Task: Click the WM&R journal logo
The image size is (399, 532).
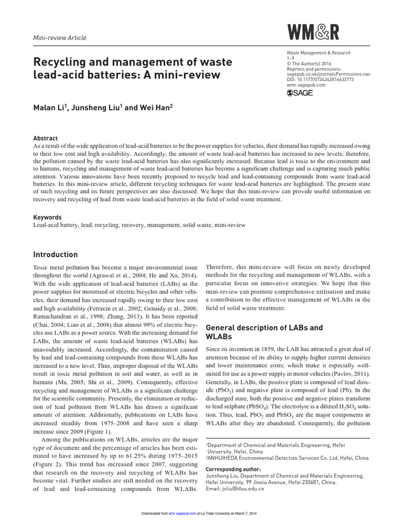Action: (313, 32)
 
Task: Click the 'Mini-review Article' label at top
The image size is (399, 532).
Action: (60, 38)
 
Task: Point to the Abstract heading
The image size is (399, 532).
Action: (45, 139)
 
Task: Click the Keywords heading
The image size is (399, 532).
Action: (47, 217)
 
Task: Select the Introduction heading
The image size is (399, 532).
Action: (56, 255)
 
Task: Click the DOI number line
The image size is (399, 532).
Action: (320, 79)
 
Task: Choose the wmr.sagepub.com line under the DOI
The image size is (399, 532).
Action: (305, 85)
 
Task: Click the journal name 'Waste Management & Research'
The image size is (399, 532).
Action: (318, 53)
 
